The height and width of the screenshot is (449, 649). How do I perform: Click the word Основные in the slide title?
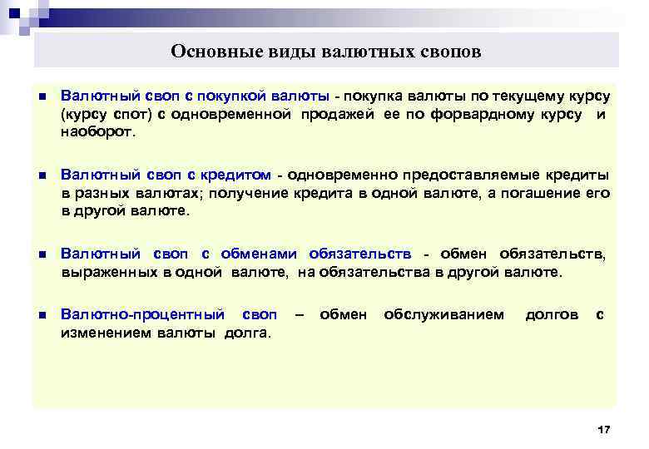click(x=207, y=52)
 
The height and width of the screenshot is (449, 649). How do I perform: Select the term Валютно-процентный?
click(x=143, y=315)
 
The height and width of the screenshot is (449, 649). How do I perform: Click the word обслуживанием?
click(x=443, y=315)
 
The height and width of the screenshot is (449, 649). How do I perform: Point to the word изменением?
click(x=98, y=333)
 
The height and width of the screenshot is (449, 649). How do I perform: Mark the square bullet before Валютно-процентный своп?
click(x=42, y=316)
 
